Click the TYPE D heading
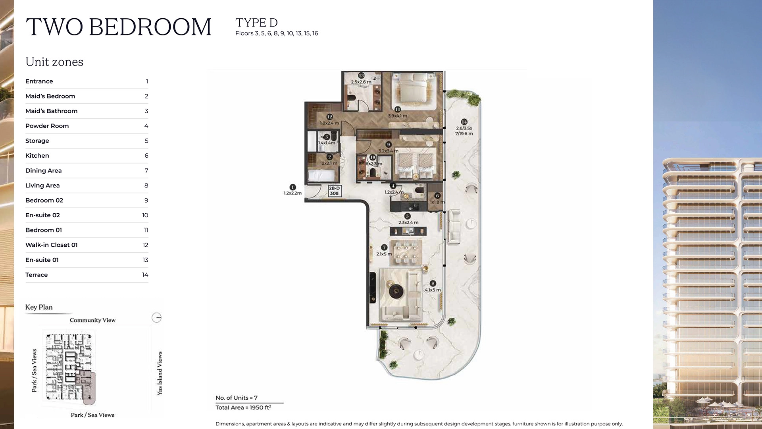(256, 23)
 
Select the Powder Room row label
(47, 126)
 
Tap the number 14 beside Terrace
(145, 275)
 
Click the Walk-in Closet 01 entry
(51, 245)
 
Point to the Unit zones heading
(54, 62)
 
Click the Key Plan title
(38, 307)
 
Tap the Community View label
(92, 320)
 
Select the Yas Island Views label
(160, 373)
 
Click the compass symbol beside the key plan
(156, 317)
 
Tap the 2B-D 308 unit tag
(334, 191)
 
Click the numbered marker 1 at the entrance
(292, 187)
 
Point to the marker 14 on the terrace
(464, 122)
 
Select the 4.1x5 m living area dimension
(433, 290)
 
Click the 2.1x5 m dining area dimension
(384, 254)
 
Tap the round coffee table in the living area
(396, 292)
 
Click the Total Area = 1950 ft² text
(243, 408)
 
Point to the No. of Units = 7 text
(236, 398)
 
